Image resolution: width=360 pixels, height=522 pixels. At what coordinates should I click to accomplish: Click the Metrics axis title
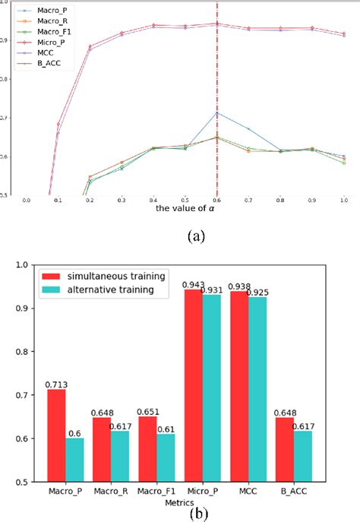coord(200,502)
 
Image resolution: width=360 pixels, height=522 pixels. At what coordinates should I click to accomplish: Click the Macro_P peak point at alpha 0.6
coord(217,112)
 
